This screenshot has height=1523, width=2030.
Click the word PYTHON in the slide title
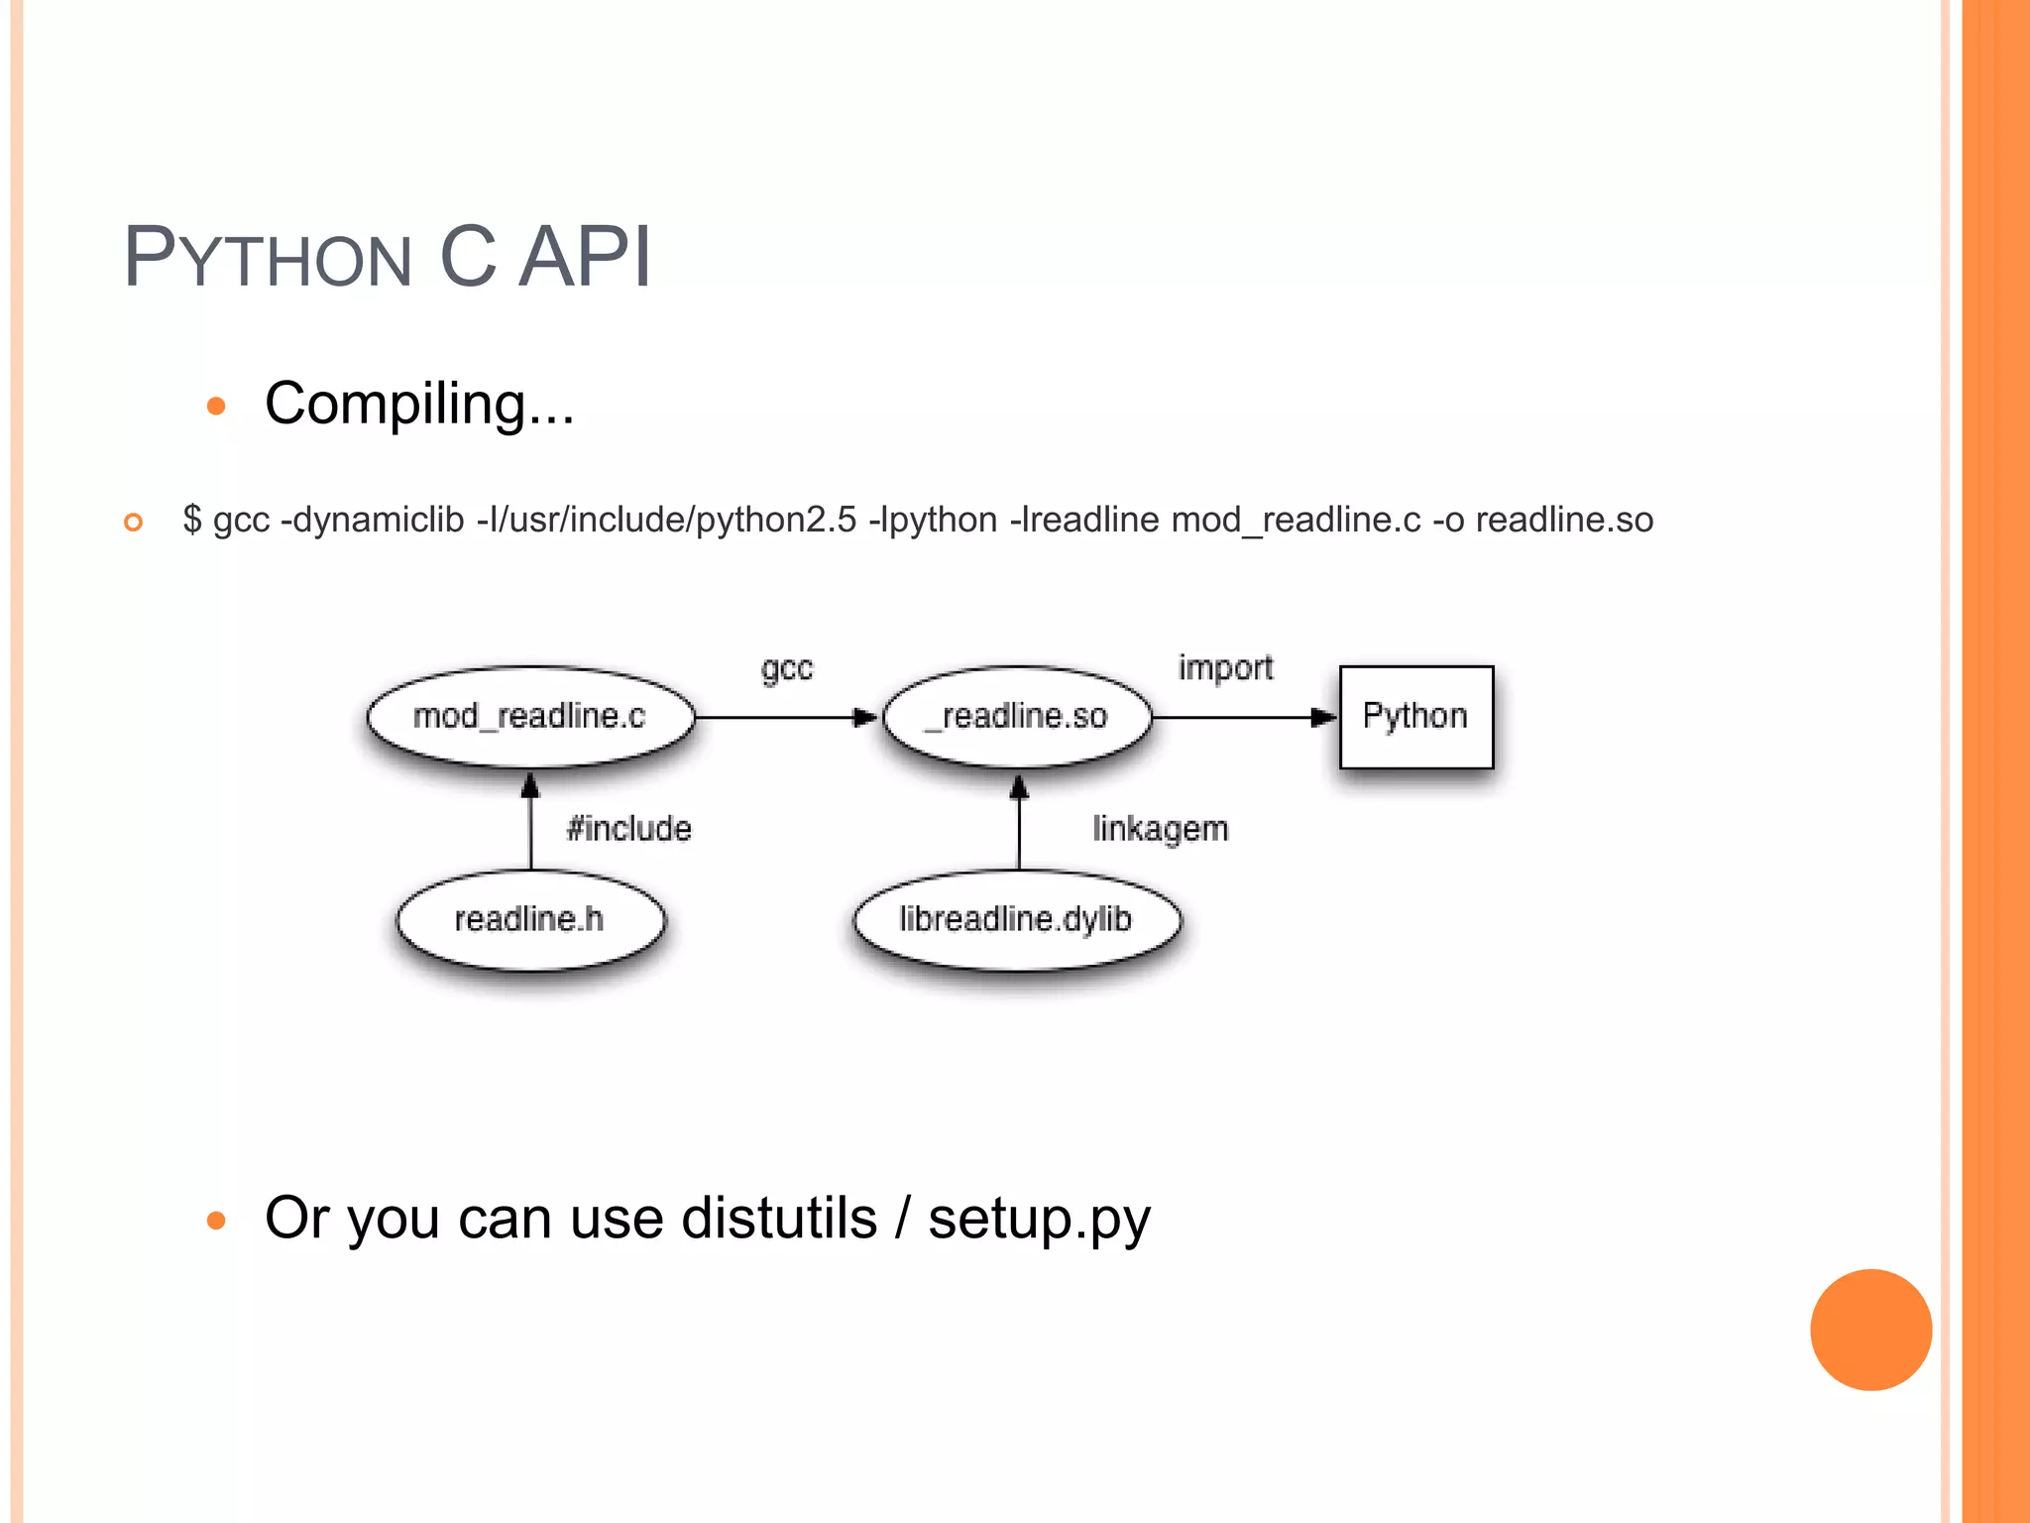[x=268, y=258]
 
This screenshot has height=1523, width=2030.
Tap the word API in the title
[x=585, y=258]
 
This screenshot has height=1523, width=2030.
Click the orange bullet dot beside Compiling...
[x=216, y=406]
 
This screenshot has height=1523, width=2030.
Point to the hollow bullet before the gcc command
[x=134, y=522]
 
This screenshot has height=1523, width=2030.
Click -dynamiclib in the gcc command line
[x=373, y=520]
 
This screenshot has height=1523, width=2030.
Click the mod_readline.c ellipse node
[x=530, y=716]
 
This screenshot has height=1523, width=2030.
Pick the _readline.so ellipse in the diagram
[x=1018, y=716]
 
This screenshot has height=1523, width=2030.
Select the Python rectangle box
[x=1415, y=716]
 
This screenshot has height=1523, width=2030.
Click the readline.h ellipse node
[x=530, y=919]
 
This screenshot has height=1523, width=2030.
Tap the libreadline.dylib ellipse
[x=1016, y=919]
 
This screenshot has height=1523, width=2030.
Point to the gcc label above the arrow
[x=787, y=669]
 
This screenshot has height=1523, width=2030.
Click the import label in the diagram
[x=1225, y=667]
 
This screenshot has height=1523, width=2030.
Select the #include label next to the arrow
[x=628, y=828]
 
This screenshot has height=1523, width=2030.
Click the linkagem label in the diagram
[x=1160, y=828]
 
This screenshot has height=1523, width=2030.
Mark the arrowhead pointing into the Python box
[x=1323, y=717]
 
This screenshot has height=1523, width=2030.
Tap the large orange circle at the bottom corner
[x=1870, y=1330]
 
